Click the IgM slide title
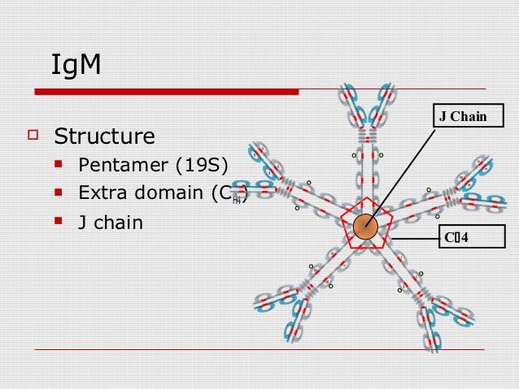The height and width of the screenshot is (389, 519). tap(76, 66)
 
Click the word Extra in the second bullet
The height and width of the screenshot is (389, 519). tap(101, 193)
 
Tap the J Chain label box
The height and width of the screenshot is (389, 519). tap(463, 117)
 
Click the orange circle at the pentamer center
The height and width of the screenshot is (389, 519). tap(366, 227)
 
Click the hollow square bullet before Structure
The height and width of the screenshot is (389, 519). tap(33, 134)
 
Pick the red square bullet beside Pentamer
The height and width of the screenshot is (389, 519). tap(59, 168)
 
